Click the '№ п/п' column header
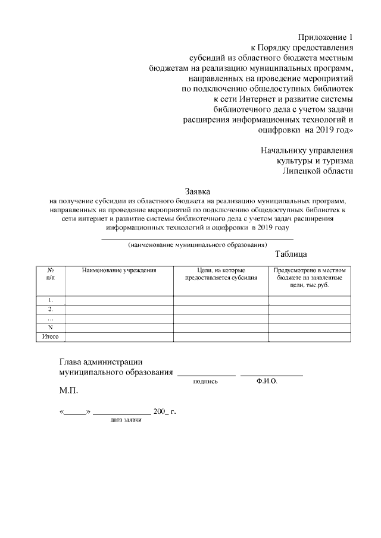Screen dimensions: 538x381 pyautogui.click(x=50, y=274)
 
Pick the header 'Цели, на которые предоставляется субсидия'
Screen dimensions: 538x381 pyautogui.click(x=221, y=274)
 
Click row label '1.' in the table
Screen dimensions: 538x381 pyautogui.click(x=50, y=300)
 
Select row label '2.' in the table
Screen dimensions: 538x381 pyautogui.click(x=50, y=309)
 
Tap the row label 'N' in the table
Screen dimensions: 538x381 pyautogui.click(x=50, y=328)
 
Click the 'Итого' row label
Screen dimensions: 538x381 pyautogui.click(x=50, y=337)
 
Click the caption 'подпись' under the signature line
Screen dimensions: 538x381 pyautogui.click(x=205, y=382)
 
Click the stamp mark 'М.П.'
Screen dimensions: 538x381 pyautogui.click(x=68, y=392)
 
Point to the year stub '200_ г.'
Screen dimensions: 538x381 pyautogui.click(x=165, y=411)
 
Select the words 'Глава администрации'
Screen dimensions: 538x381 pyautogui.click(x=101, y=361)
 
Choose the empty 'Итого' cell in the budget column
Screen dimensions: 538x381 pyautogui.click(x=310, y=337)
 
